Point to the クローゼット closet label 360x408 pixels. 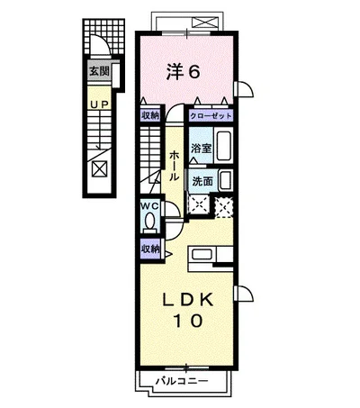[210, 115]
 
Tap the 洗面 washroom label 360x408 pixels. [202, 180]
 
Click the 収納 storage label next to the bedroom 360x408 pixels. [149, 115]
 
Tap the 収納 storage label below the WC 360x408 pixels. [149, 249]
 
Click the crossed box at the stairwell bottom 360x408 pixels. [99, 168]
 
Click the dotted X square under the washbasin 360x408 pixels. [227, 205]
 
